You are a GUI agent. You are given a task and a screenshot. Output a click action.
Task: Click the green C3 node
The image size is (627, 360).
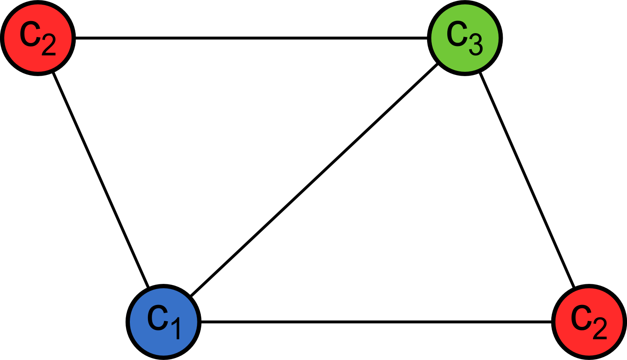464,38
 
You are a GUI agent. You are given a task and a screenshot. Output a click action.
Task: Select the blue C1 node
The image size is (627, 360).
163,321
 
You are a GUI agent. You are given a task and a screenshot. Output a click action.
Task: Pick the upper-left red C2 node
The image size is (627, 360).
38,38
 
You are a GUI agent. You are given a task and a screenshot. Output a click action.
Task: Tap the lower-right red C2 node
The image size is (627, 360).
589,321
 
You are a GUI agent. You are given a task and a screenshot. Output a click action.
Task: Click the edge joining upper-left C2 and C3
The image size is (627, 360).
251,38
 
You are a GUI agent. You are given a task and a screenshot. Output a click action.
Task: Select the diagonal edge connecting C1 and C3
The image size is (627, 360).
314,180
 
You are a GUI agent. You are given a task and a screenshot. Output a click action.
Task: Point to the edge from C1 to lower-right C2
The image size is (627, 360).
376,321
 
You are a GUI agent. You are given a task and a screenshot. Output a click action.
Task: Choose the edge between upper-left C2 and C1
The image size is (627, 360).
101,180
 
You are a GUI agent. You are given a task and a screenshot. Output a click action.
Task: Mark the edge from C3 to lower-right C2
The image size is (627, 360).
527,180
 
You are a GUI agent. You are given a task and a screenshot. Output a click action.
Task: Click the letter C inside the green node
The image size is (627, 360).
457,34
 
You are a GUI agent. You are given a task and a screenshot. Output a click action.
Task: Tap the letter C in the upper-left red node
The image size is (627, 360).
30,34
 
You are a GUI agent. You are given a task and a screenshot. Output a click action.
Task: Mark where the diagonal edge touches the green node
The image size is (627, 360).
438,64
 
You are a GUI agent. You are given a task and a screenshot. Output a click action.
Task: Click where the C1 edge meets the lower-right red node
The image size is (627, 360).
552,321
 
